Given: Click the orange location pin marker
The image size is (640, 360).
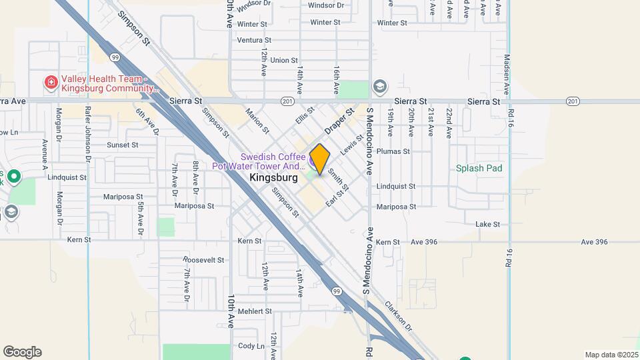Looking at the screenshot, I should click(319, 159).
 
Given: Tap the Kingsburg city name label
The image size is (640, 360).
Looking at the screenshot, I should click(273, 178).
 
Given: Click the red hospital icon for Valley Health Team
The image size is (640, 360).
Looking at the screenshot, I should click(51, 83).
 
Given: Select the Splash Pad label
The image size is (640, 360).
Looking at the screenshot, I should click(479, 168).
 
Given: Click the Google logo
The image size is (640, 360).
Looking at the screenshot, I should click(22, 352).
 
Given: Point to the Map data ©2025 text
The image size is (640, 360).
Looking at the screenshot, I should click(611, 355).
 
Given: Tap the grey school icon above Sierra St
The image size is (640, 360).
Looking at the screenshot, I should click(380, 86).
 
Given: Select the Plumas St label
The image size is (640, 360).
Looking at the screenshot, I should click(393, 151).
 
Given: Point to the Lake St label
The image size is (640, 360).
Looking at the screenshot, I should click(487, 225).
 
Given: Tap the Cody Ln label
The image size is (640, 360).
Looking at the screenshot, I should click(251, 346).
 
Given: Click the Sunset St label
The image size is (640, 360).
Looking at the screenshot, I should click(122, 144).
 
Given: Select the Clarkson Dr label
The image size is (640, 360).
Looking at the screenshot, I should click(399, 315).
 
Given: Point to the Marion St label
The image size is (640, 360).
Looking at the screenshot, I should click(257, 121).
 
